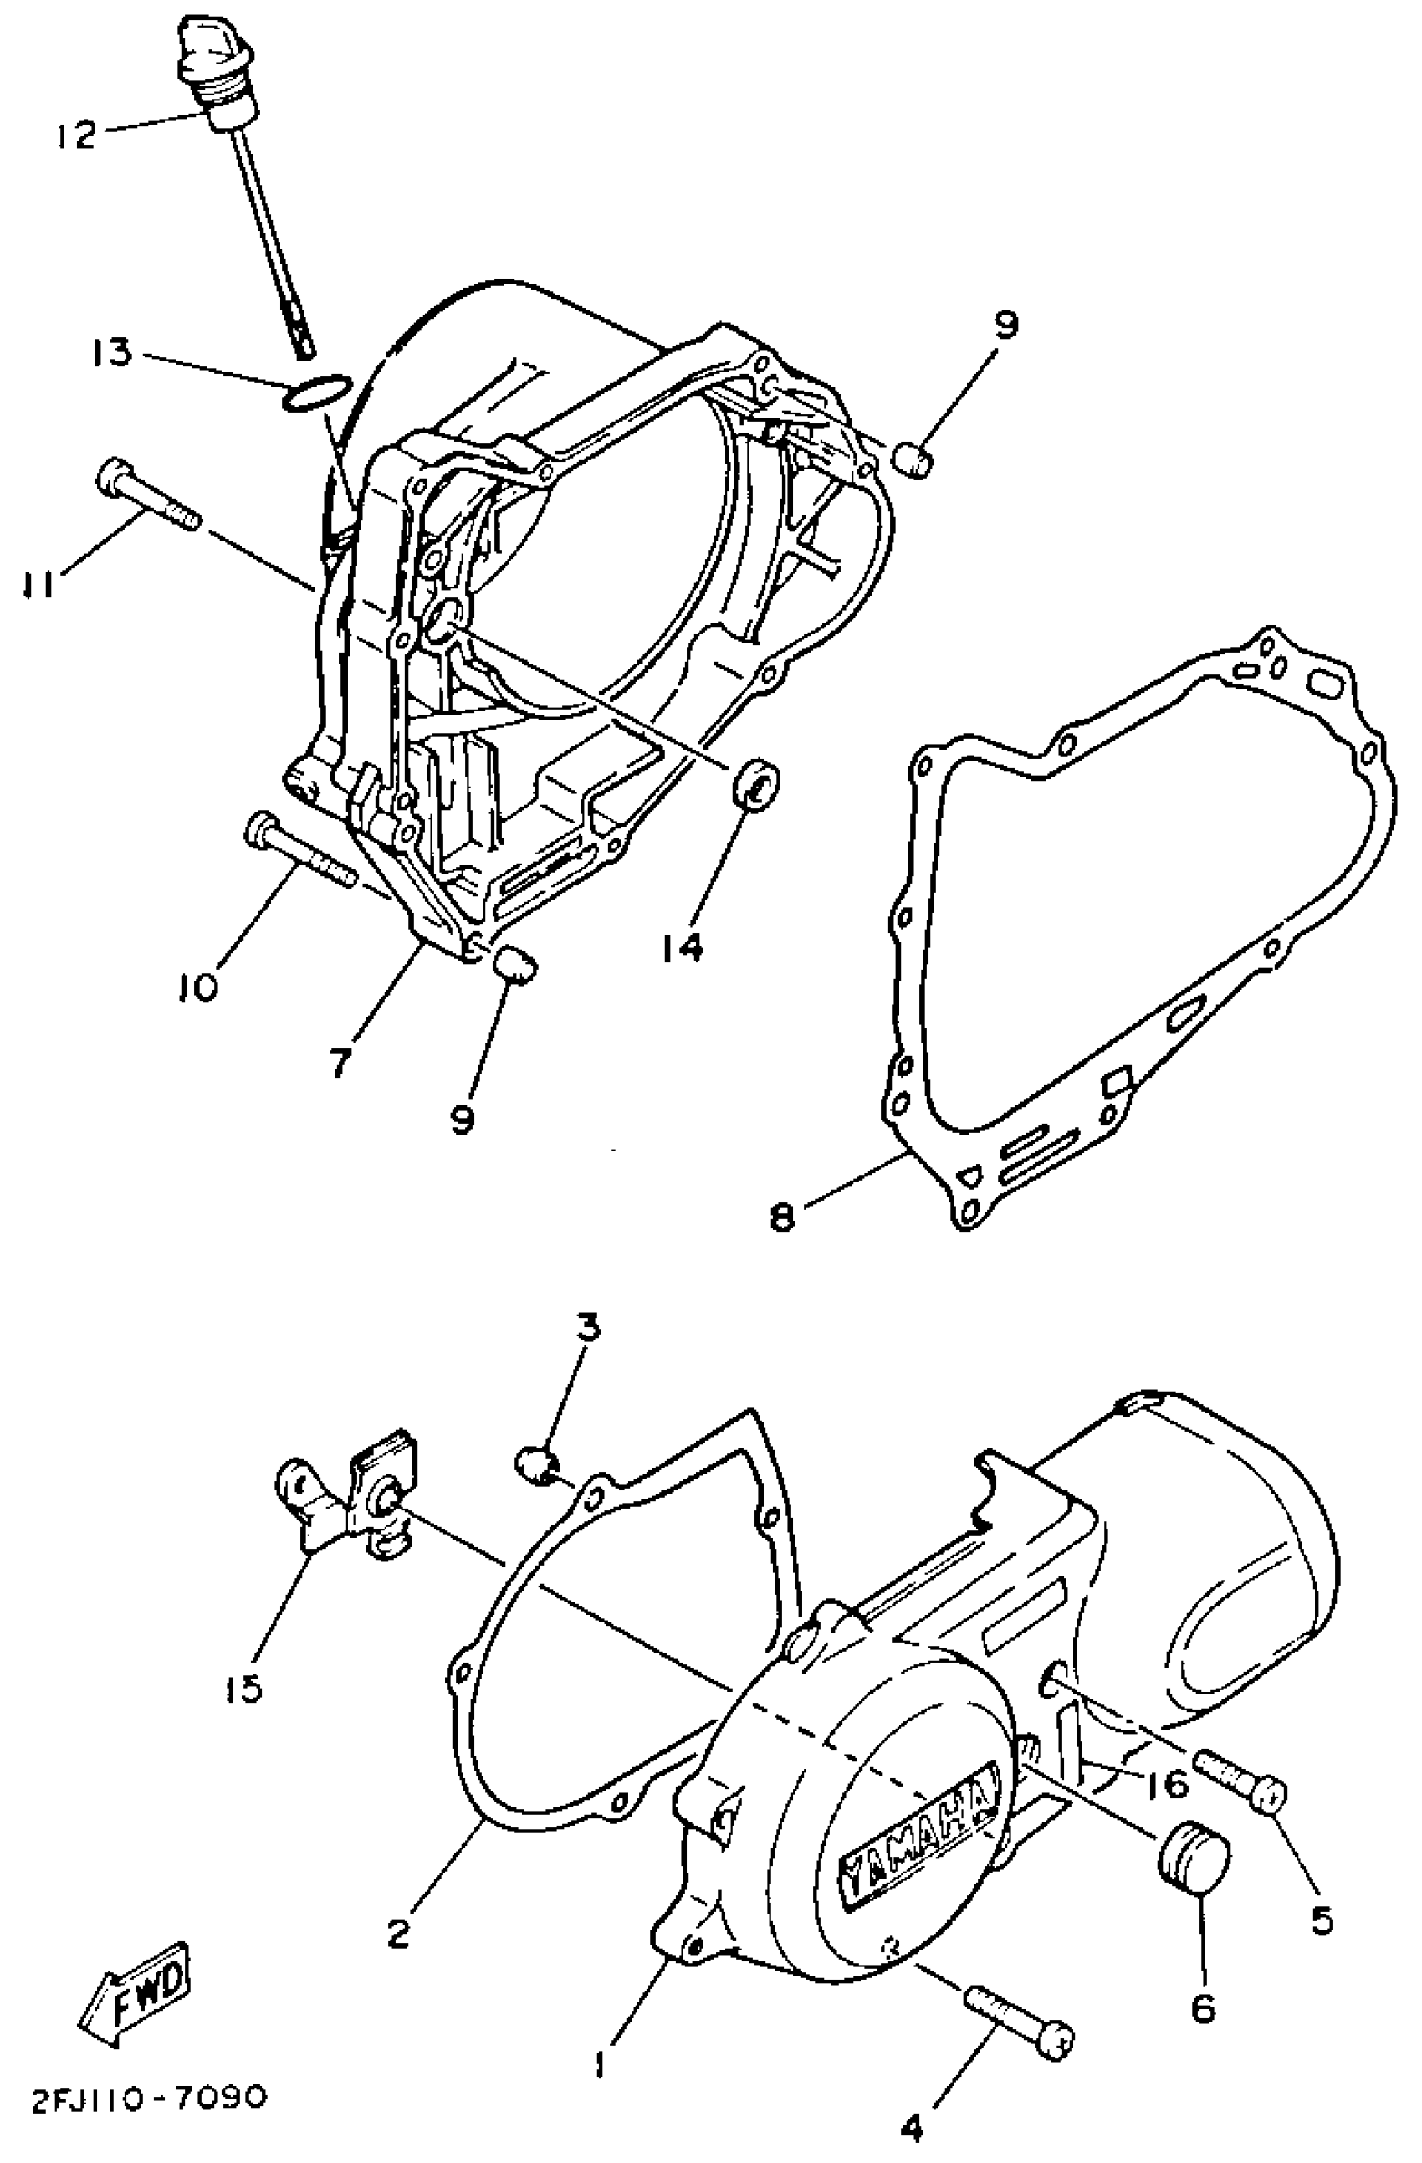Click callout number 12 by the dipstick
[74, 135]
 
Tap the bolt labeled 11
[146, 498]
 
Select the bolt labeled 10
[299, 847]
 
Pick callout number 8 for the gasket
[781, 1217]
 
